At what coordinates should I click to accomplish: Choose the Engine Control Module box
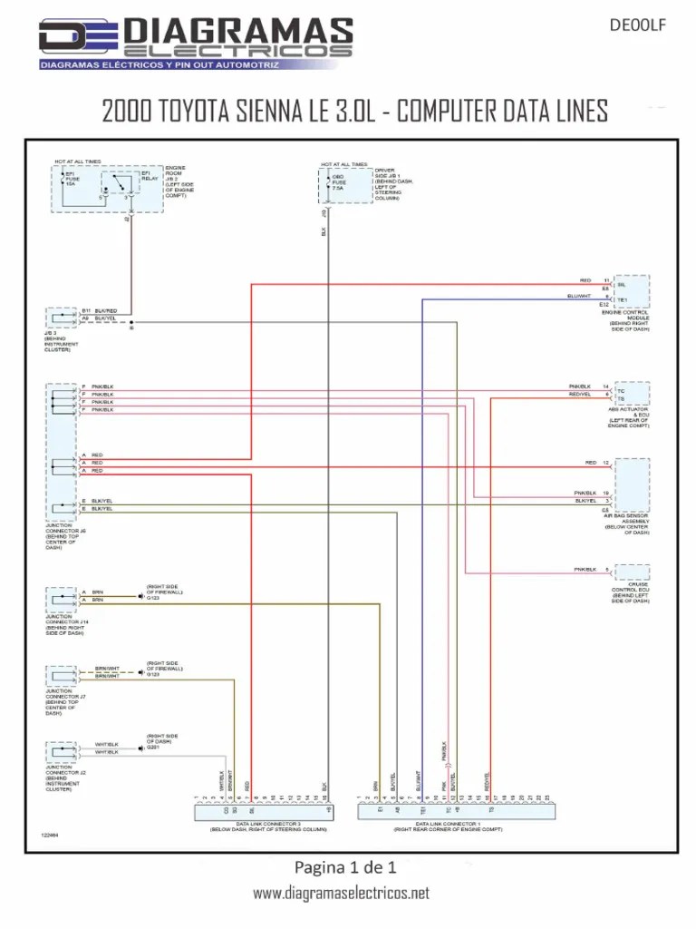632,291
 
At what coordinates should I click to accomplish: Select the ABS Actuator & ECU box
632,393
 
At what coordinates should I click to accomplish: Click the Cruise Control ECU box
632,572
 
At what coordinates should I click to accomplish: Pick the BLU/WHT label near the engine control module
579,296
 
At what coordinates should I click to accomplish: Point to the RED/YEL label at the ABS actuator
581,395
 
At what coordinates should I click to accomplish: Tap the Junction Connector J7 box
63,676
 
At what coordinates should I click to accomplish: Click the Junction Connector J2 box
63,752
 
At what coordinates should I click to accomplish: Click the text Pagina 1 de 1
346,866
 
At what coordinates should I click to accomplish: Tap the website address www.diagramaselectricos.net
341,894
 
